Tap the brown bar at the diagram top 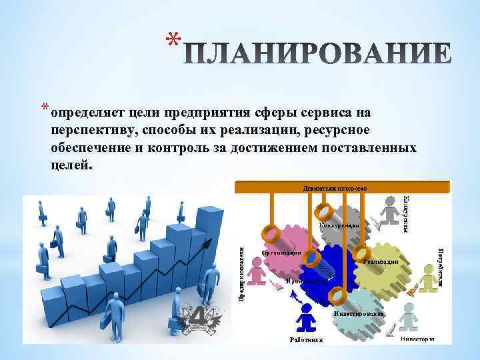click(333, 188)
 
